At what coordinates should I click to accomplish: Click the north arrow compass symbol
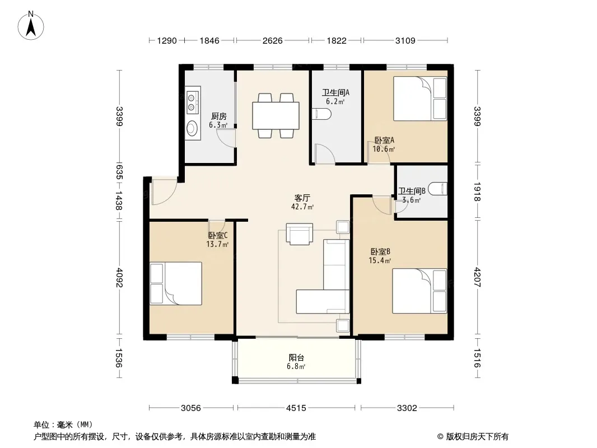click(x=31, y=26)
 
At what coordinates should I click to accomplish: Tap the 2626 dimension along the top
click(x=273, y=40)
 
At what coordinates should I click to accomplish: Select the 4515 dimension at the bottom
click(x=296, y=408)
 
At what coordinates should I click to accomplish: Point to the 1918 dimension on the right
click(x=477, y=192)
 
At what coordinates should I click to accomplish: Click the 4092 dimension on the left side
click(x=119, y=278)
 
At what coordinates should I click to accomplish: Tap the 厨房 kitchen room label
click(x=219, y=116)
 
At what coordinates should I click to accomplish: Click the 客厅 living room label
click(x=302, y=198)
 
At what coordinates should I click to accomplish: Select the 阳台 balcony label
click(x=296, y=358)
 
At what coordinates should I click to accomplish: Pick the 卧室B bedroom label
click(x=380, y=251)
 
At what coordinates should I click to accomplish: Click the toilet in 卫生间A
click(x=321, y=114)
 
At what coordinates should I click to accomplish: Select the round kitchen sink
click(x=192, y=128)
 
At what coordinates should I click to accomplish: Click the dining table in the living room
click(x=276, y=115)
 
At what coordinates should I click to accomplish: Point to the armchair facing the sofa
click(x=300, y=234)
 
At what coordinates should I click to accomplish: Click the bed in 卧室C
click(x=175, y=283)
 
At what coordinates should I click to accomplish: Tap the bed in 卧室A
click(x=420, y=99)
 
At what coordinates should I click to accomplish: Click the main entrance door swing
click(x=164, y=192)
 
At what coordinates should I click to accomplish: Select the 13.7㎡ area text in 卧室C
click(x=217, y=244)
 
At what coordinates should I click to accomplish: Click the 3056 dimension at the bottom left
click(x=191, y=408)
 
